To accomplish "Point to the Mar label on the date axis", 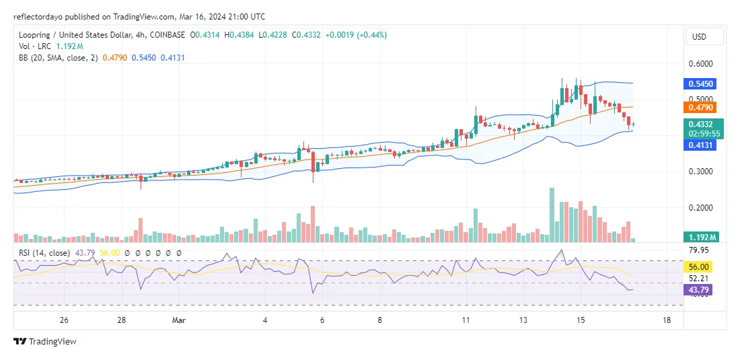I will coord(179,320).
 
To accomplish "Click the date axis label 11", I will coord(465,320).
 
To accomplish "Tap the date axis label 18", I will coord(665,320).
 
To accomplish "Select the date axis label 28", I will coord(121,320).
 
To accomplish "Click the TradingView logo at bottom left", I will coord(45,341).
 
